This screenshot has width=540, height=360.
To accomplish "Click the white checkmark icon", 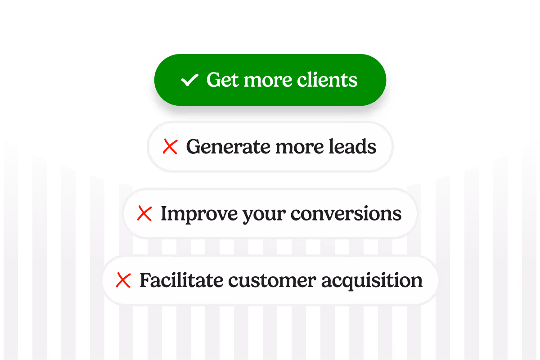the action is (x=189, y=80).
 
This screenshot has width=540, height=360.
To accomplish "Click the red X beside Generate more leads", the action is (x=170, y=147).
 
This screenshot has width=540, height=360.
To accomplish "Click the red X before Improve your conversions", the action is (x=144, y=213).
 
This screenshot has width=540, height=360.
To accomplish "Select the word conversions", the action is (x=346, y=214).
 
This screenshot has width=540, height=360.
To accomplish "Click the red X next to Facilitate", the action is (x=123, y=280).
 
